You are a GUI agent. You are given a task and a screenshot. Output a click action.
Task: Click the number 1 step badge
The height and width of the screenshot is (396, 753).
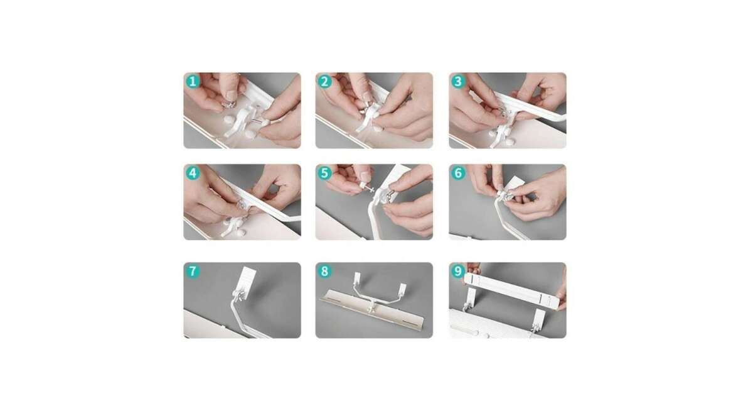[x=193, y=82]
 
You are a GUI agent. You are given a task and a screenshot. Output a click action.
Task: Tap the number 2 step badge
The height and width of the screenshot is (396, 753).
[x=325, y=82]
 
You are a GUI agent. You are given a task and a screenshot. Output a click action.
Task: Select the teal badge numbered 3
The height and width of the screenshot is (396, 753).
[x=458, y=82]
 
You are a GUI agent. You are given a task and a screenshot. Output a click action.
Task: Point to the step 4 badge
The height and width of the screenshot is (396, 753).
[x=193, y=173]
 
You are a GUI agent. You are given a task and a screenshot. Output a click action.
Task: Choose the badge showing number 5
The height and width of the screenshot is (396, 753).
[x=325, y=173]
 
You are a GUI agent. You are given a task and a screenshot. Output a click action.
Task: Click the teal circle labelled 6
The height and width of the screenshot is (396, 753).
[x=458, y=173]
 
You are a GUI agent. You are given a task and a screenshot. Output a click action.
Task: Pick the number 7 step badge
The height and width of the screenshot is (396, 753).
[x=193, y=271]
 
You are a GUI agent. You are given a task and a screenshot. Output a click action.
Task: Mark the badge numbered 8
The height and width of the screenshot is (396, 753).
[x=325, y=271]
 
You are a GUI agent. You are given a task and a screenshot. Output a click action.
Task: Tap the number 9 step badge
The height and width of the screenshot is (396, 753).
[x=458, y=271]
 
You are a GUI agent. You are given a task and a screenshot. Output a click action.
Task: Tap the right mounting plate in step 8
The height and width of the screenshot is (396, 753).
[x=402, y=289]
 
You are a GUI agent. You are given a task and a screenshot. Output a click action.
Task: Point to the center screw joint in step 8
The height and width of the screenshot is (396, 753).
[x=372, y=307]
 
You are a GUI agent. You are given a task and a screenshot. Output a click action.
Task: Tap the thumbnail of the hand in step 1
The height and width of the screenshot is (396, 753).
[x=232, y=95]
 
